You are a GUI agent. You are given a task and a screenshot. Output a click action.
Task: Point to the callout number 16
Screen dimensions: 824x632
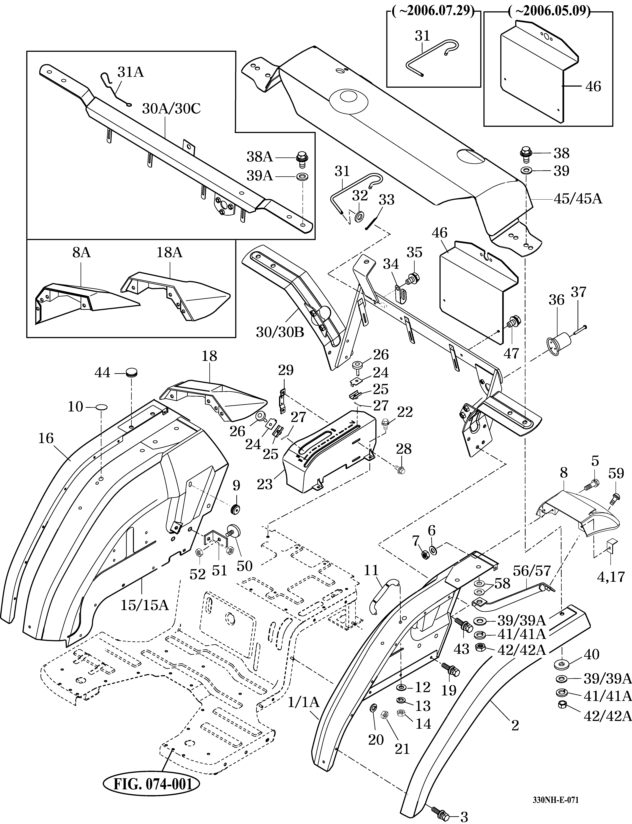46,438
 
